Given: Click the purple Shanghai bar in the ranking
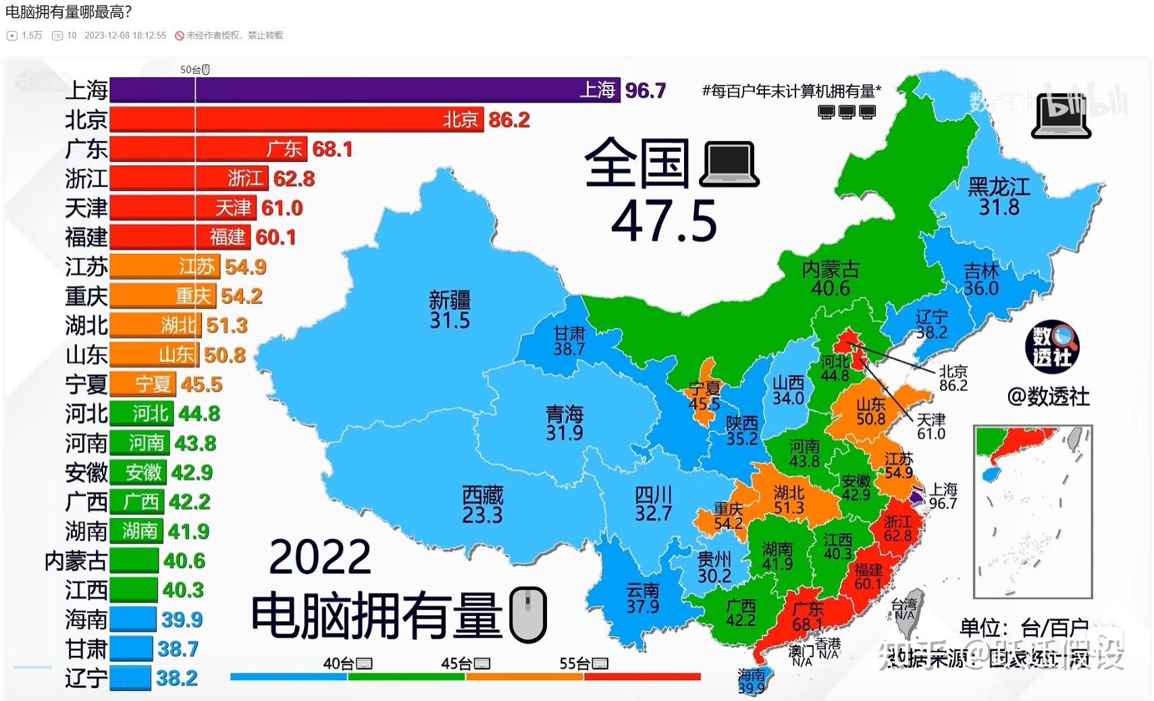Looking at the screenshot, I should click(365, 90).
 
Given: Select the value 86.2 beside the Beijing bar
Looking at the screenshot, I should click(509, 120).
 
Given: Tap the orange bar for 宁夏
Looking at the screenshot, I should click(142, 384).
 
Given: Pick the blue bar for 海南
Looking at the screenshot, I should click(132, 619).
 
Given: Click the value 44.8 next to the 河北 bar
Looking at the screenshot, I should click(199, 413).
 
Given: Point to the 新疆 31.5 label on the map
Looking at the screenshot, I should click(450, 310).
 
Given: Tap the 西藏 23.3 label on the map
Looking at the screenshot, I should click(482, 505).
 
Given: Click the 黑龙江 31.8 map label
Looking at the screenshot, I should click(999, 197).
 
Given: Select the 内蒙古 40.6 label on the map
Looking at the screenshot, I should click(830, 279).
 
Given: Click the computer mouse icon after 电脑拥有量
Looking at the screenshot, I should click(527, 615).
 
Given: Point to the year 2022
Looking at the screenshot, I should click(320, 557).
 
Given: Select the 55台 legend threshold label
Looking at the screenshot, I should click(583, 664).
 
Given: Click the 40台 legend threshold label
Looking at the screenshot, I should click(347, 664).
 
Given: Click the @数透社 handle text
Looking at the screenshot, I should click(1048, 396).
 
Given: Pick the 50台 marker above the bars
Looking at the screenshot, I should click(195, 70).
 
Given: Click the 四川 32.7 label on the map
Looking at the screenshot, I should click(653, 504).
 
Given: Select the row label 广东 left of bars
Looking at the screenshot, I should click(86, 149).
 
